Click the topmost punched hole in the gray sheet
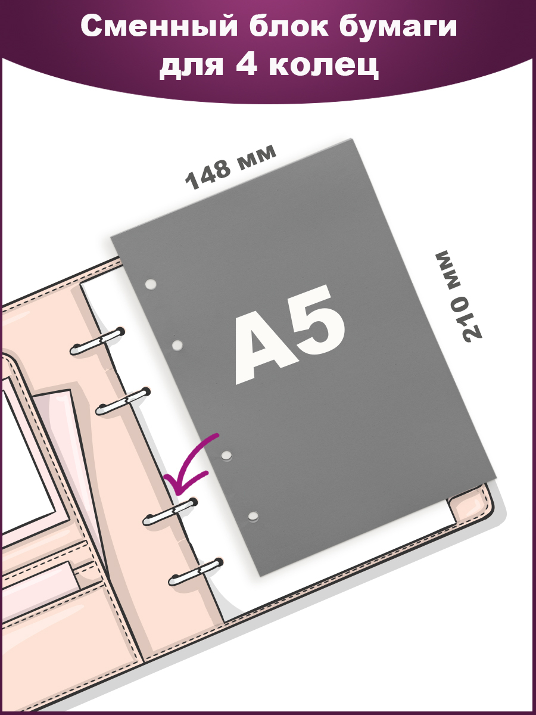coord(150,284)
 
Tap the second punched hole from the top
coord(177,344)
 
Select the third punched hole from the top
coord(226,455)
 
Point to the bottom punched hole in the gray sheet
coord(253,515)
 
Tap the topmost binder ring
coord(97,341)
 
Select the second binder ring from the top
coord(123,402)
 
